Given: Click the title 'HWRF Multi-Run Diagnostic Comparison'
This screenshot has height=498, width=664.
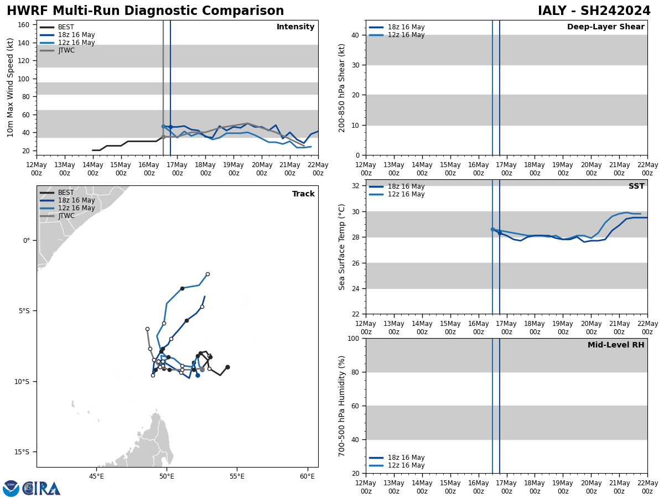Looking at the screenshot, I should click(x=145, y=11).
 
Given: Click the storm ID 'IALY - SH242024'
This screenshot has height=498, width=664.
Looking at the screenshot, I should click(x=594, y=11).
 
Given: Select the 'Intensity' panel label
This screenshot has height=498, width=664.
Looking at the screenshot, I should click(x=295, y=27).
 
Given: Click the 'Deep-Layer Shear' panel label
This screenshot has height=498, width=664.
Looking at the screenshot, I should click(x=605, y=27).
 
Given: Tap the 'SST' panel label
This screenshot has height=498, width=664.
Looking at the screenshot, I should click(x=636, y=186).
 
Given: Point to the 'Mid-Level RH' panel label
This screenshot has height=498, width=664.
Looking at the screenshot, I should click(x=616, y=345).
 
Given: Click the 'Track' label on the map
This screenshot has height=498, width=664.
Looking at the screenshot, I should click(x=303, y=194).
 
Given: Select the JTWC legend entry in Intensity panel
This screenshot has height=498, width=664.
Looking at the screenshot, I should click(x=66, y=50).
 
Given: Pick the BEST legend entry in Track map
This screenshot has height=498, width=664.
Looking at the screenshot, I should click(x=66, y=193).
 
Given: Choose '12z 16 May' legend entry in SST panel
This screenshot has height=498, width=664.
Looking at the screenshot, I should click(x=406, y=194).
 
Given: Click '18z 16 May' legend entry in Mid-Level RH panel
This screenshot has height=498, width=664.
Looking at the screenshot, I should click(x=406, y=458).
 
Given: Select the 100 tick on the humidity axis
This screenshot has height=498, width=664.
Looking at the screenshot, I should click(x=352, y=338).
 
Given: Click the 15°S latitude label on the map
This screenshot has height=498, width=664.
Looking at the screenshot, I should click(x=22, y=452).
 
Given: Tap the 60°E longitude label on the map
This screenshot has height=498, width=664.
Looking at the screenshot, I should click(x=307, y=476).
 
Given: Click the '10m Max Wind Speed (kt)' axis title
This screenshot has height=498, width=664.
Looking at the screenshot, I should click(x=11, y=87).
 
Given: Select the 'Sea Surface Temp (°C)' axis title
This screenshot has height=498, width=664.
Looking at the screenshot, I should click(x=342, y=247).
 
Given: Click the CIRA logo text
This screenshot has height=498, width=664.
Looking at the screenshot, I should click(x=41, y=488).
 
